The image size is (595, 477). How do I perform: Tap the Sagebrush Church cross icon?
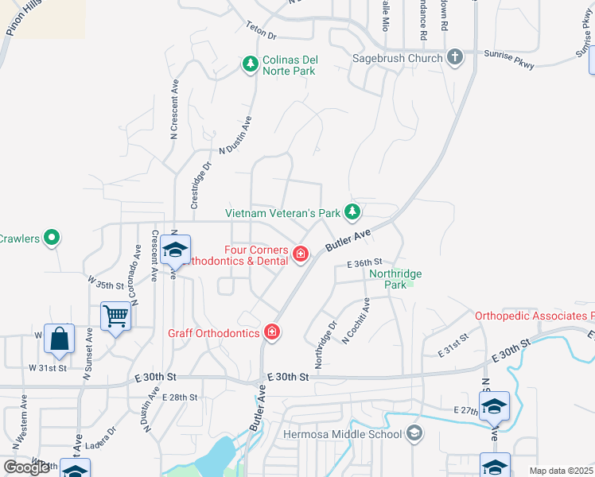pyautogui.click(x=454, y=57)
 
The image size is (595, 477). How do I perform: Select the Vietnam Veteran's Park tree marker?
pyautogui.click(x=352, y=212)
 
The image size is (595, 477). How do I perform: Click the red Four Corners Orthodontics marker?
pyautogui.click(x=301, y=254)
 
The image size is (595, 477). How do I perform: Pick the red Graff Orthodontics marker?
pyautogui.click(x=272, y=332)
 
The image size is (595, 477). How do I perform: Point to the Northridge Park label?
pyautogui.click(x=395, y=278)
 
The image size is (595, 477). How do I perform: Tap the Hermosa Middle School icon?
pyautogui.click(x=414, y=433)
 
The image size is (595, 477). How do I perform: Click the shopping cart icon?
pyautogui.click(x=116, y=316)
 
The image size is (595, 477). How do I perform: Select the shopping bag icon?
pyautogui.click(x=59, y=339)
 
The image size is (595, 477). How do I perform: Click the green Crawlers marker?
pyautogui.click(x=52, y=238)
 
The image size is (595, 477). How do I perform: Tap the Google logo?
pyautogui.click(x=26, y=467)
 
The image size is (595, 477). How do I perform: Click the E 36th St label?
pyautogui.click(x=364, y=262)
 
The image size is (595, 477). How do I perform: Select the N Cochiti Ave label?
pyautogui.click(x=356, y=320)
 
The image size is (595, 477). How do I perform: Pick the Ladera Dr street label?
pyautogui.click(x=101, y=433)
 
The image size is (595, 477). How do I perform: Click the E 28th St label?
pyautogui.click(x=179, y=397)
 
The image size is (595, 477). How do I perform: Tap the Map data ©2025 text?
pyautogui.click(x=561, y=471)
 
